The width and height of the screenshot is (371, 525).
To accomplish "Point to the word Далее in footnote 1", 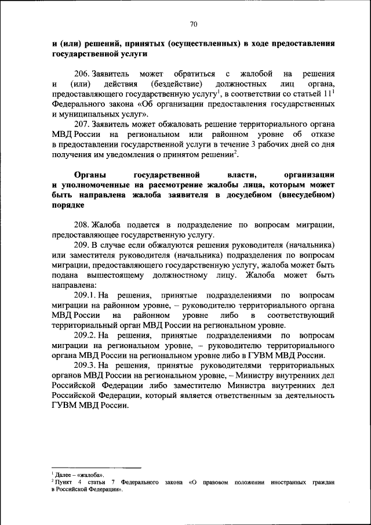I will click(63, 475).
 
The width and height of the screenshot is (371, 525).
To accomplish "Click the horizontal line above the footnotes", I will click(96, 468).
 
